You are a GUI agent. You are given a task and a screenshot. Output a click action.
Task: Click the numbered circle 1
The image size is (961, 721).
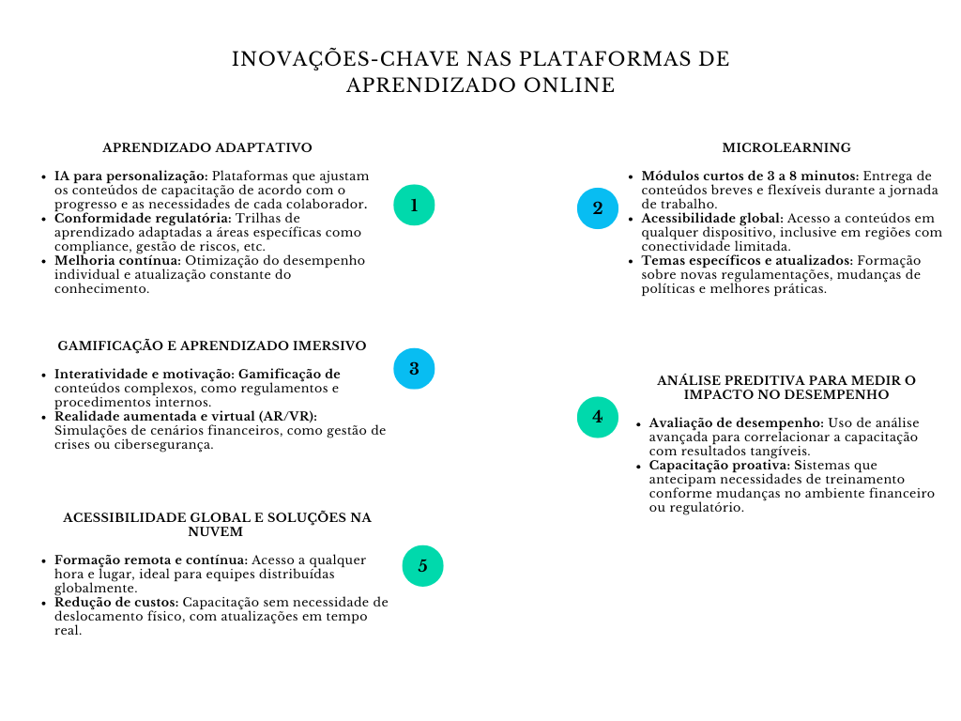(414, 205)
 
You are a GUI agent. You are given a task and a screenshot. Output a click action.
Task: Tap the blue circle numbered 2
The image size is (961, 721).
(598, 208)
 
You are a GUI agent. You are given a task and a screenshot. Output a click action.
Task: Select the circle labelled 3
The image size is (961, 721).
(414, 368)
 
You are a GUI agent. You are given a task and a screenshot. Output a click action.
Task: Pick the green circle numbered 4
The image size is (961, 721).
(598, 417)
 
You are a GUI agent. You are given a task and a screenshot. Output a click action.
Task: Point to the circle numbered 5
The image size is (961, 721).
(422, 566)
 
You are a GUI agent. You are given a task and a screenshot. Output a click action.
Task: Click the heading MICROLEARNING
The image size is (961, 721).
(786, 147)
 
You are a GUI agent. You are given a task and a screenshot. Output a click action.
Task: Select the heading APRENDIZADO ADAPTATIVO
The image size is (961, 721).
(207, 147)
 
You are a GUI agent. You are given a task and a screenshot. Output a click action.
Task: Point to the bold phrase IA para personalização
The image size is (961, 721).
(130, 176)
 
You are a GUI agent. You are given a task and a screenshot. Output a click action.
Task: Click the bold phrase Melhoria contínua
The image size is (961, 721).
(117, 260)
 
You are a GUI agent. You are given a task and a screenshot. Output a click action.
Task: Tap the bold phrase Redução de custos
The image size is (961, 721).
(116, 602)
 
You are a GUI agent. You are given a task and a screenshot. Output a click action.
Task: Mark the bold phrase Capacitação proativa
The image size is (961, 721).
(719, 465)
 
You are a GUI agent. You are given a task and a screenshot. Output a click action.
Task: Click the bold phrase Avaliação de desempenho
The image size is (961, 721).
(737, 422)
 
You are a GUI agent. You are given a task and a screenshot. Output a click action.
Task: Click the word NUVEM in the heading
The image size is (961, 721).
(217, 531)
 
